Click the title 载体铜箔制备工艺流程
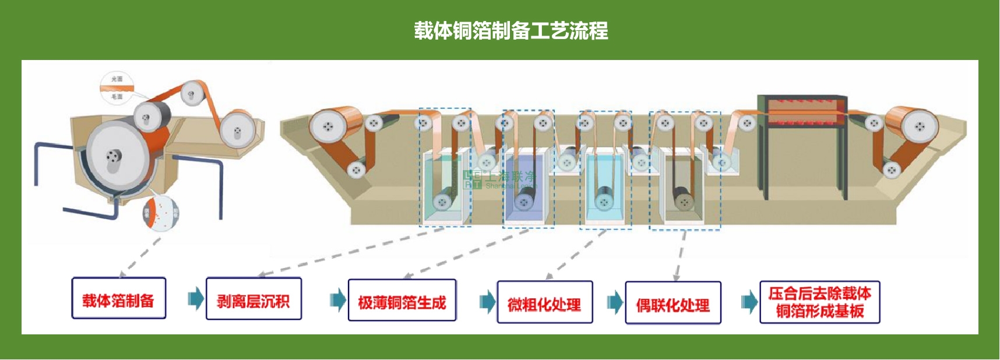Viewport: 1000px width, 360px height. point(510,30)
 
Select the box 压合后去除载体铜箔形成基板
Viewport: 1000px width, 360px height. point(819,302)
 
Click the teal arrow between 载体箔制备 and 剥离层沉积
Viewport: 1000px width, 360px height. point(196,299)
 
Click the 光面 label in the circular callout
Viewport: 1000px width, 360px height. point(117,79)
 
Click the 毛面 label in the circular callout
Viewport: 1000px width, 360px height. point(117,97)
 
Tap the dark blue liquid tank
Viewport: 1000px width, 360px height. point(524,186)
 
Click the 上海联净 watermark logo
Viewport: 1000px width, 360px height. point(500,179)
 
